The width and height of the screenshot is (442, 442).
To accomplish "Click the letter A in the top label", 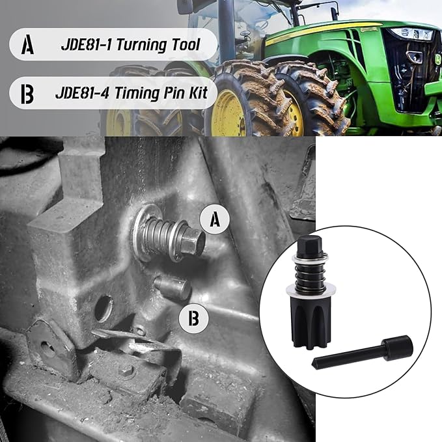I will click(x=27, y=46).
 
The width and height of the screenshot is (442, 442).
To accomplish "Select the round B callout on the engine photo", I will click(x=193, y=318).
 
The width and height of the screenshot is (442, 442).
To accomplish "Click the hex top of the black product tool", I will click(x=309, y=247).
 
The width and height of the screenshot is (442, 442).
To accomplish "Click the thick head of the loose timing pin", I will click(x=398, y=347).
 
